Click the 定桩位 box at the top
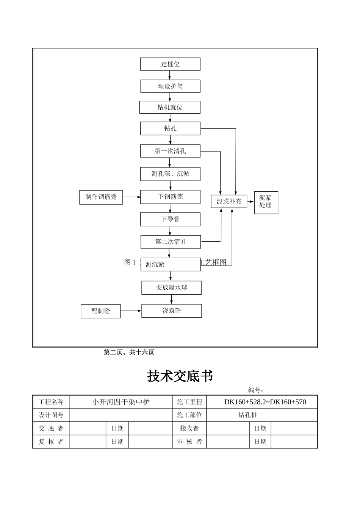pos(170,64)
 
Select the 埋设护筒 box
pos(170,86)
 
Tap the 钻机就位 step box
pos(170,107)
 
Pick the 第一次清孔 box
pos(170,151)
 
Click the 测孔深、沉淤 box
pos(170,174)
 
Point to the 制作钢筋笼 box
pos(101,197)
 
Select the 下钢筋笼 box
pos(170,197)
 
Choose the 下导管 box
pos(170,219)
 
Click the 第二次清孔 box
pos(171,242)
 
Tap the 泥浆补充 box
pos(229,201)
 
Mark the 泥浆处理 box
pos(266,202)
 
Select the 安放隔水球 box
pos(172,287)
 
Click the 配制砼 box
pos(101,311)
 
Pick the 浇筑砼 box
pos(172,311)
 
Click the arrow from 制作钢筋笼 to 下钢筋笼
pos(131,197)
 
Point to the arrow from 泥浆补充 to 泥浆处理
pos(250,202)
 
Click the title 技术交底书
pos(180,376)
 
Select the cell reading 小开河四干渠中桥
pos(121,402)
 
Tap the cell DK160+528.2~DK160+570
pos(265,402)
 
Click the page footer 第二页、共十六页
pos(129,353)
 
